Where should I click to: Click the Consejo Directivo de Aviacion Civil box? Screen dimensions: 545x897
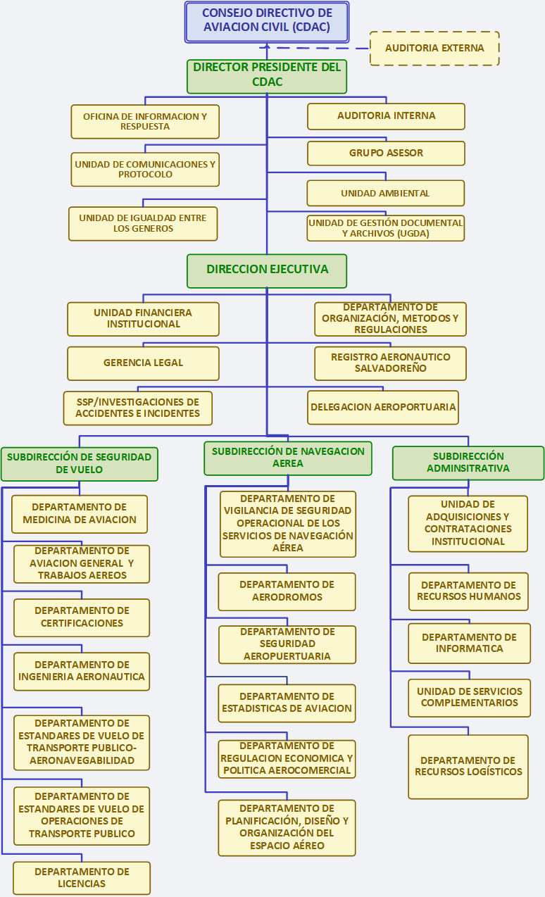point(267,22)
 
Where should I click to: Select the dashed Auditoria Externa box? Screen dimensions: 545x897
point(434,49)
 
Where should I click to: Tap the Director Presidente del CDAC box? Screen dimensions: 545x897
point(267,77)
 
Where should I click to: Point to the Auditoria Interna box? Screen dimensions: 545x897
point(386,117)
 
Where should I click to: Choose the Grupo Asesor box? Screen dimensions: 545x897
point(386,153)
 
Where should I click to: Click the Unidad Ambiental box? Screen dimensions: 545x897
point(386,194)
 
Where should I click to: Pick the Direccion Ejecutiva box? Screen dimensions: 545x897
point(267,271)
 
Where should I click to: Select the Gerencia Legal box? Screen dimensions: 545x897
point(144,363)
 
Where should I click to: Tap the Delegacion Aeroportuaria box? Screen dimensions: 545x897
point(383,408)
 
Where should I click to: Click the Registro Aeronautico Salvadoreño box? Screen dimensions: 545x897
point(390,363)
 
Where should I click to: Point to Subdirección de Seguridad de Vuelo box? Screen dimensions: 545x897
point(80,464)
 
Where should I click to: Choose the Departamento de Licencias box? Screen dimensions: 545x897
point(82,878)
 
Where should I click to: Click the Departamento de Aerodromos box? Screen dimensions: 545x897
point(287,592)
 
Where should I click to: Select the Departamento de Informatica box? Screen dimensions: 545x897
point(470,644)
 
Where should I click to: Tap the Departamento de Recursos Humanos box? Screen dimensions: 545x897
point(468,591)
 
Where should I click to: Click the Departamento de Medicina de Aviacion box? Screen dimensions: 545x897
point(80,514)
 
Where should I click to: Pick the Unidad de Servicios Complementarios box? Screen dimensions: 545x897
point(470,698)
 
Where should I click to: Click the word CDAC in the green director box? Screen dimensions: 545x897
point(267,82)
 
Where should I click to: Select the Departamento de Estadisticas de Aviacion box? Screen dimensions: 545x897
point(287,703)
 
